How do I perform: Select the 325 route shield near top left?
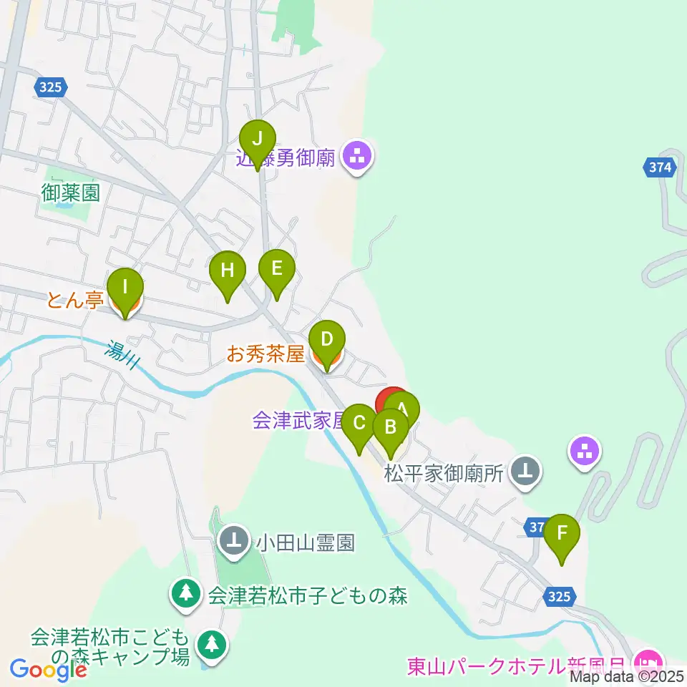(52, 87)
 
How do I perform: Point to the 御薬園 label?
(69, 192)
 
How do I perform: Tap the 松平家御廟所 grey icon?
(527, 472)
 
